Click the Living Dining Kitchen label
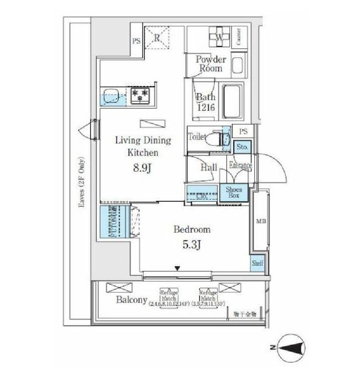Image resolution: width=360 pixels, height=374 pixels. pyautogui.click(x=143, y=146)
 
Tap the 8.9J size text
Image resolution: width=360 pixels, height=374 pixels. pyautogui.click(x=142, y=168)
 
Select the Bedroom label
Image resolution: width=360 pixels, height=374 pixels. pyautogui.click(x=192, y=230)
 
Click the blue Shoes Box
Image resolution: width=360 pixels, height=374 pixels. pyautogui.click(x=234, y=193)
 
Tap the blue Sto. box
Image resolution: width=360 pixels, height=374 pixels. pyautogui.click(x=242, y=147)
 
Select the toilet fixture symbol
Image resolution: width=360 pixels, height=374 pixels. pyautogui.click(x=221, y=138)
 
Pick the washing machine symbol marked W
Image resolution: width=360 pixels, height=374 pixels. pyautogui.click(x=219, y=37)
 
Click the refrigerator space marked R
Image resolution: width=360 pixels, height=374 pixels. pyautogui.click(x=156, y=37)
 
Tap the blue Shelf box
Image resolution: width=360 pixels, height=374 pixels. pyautogui.click(x=257, y=263)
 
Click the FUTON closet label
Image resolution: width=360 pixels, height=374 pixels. pyautogui.click(x=113, y=222)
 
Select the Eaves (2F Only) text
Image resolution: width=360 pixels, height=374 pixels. pyautogui.click(x=81, y=182)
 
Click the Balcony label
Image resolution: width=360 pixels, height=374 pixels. pyautogui.click(x=131, y=300)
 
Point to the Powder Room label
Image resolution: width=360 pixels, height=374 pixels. pyautogui.click(x=211, y=64)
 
